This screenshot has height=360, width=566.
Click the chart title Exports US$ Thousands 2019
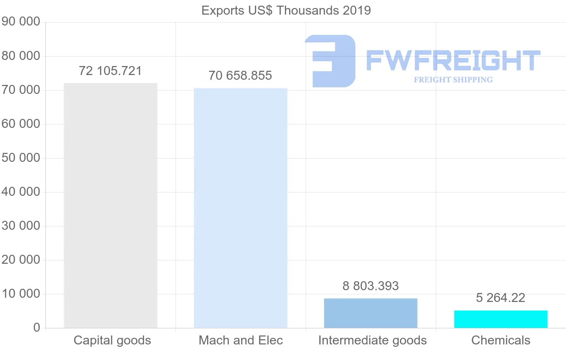click(x=286, y=10)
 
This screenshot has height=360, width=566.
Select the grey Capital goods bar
click(x=110, y=205)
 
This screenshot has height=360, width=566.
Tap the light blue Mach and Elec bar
click(x=241, y=208)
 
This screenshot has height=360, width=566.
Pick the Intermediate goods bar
click(x=371, y=313)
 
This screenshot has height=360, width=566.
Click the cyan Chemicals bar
click(x=500, y=319)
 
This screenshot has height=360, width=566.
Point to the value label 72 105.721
click(x=110, y=71)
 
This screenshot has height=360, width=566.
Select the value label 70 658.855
click(x=241, y=75)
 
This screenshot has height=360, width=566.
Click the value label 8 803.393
click(x=371, y=286)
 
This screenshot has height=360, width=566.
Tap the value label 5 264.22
click(x=500, y=298)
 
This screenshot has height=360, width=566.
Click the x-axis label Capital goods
click(x=112, y=340)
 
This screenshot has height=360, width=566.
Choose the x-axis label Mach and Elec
click(x=241, y=340)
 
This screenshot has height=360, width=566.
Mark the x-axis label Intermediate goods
click(x=372, y=340)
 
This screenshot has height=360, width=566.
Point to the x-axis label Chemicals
click(x=500, y=340)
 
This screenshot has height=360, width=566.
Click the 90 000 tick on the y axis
click(x=21, y=22)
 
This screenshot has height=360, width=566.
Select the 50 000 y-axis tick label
click(x=21, y=158)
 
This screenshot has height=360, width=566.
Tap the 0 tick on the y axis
click(x=37, y=328)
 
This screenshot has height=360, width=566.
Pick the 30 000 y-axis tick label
click(x=21, y=226)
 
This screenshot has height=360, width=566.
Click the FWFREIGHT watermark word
click(x=453, y=60)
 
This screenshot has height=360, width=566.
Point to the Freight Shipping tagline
click(x=453, y=80)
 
